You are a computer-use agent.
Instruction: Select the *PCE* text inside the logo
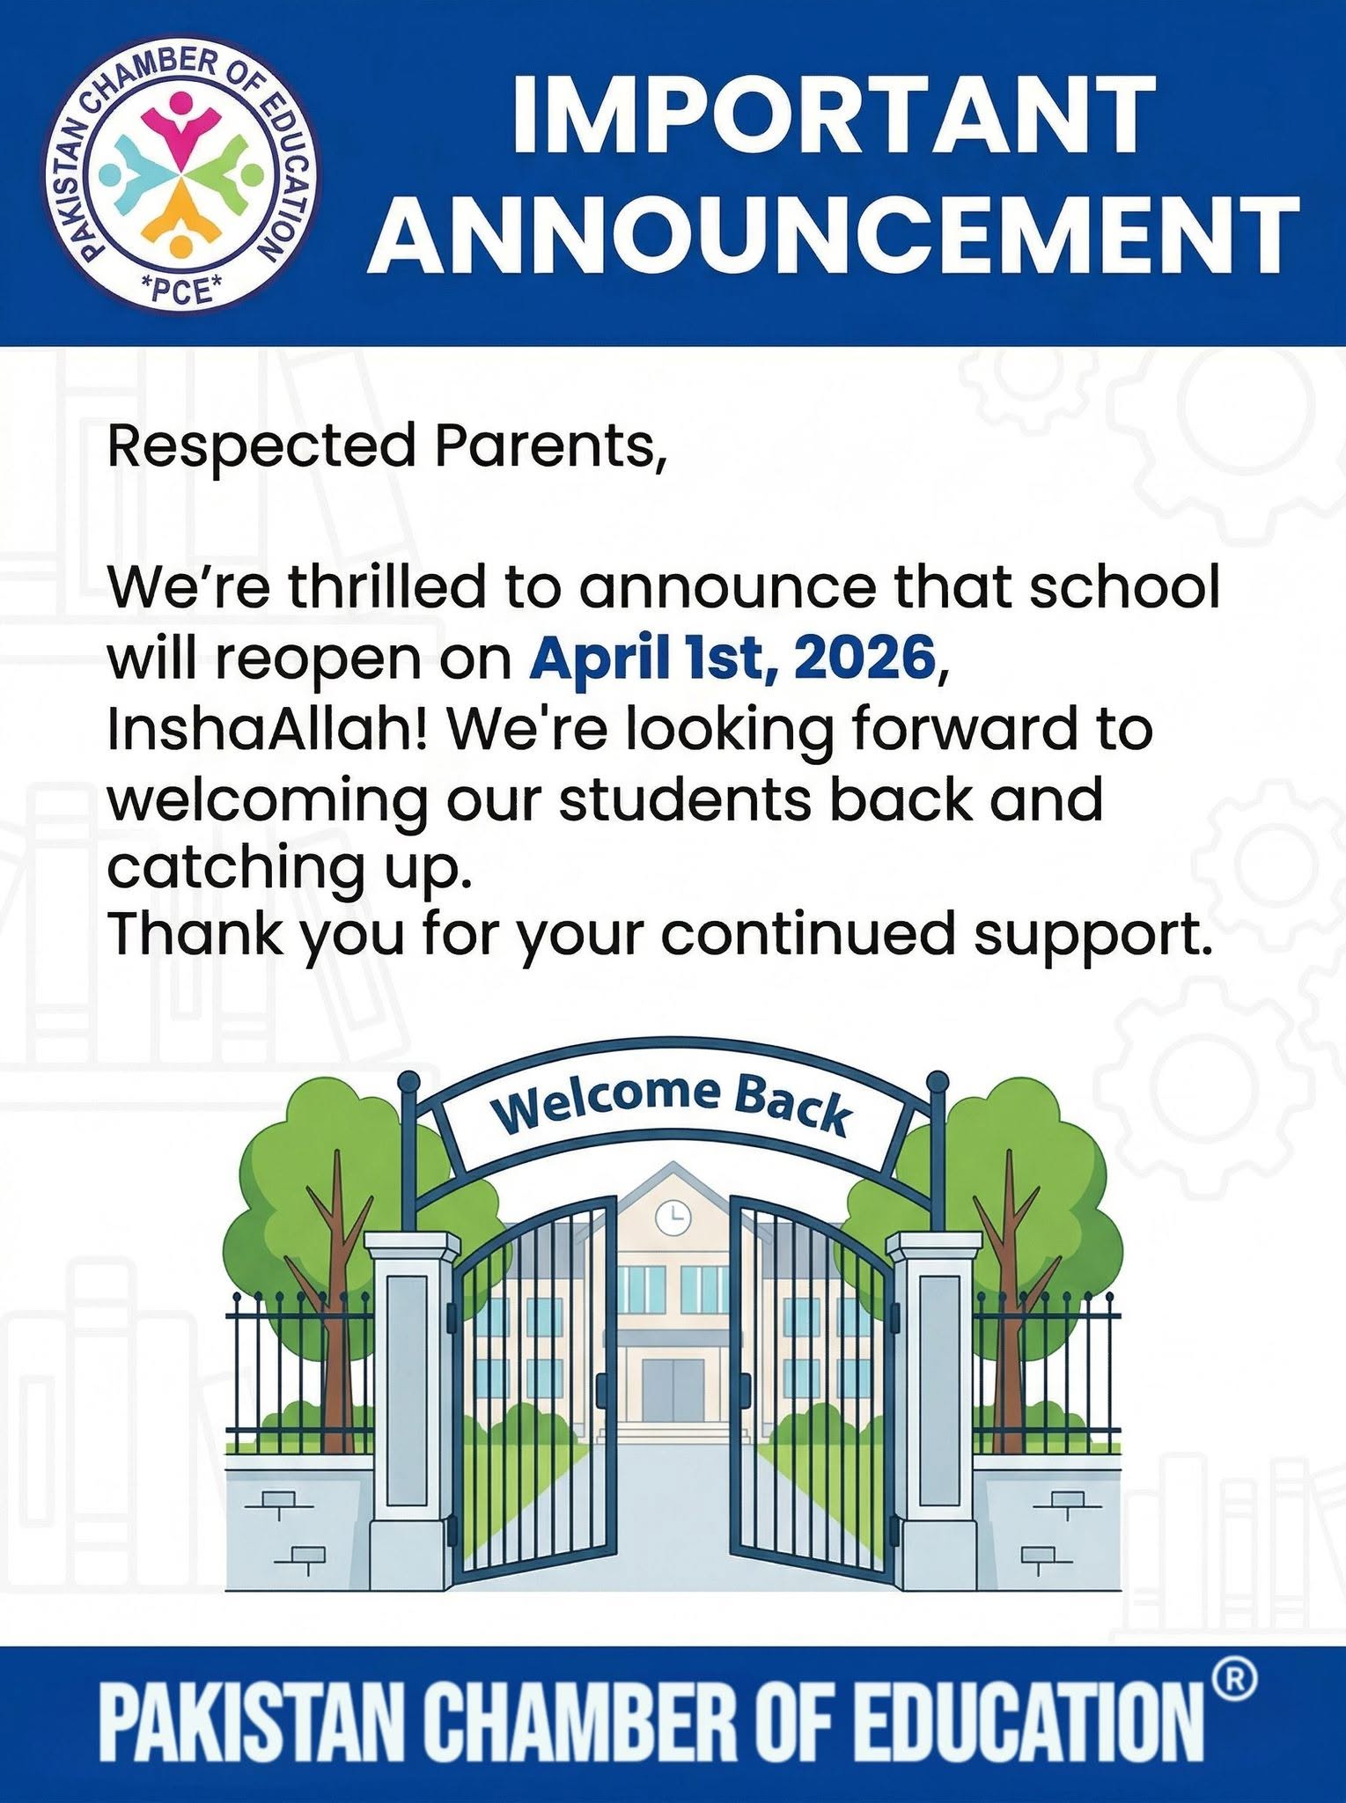[x=182, y=290]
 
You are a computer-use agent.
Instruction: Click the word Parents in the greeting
[x=548, y=446]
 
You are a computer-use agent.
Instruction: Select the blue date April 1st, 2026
[x=732, y=658]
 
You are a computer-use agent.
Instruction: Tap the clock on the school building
[x=673, y=1218]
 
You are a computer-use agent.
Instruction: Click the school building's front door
[x=673, y=1389]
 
